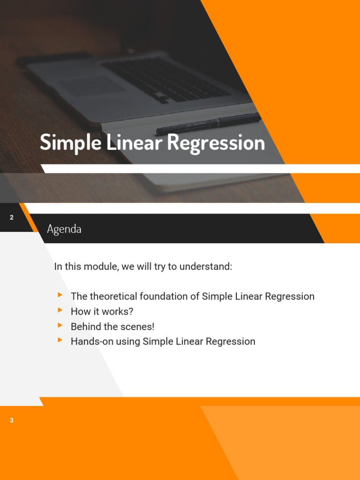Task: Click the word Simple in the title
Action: (70, 143)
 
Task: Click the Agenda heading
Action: (64, 229)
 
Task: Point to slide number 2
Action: (12, 217)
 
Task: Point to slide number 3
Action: (12, 420)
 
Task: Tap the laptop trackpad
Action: (92, 86)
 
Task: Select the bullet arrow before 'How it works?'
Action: (60, 310)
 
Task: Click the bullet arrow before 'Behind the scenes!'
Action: (60, 325)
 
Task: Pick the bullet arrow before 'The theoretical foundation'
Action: (60, 295)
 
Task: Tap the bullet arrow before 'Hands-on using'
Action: (60, 340)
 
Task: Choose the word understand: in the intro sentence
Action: (207, 267)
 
